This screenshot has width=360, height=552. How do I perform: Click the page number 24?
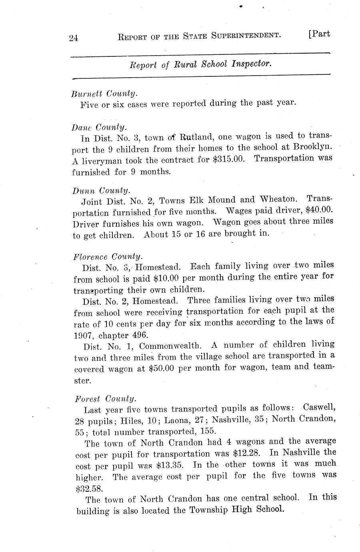(73, 38)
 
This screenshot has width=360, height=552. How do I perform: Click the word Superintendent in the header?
(245, 35)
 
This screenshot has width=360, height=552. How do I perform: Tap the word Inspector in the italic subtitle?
(252, 63)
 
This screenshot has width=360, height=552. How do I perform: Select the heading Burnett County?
(104, 94)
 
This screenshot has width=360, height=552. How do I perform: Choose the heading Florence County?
(108, 256)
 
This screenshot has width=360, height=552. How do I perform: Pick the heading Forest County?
(106, 399)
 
